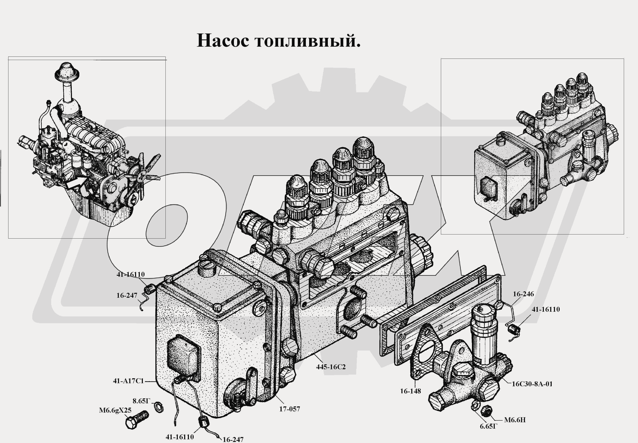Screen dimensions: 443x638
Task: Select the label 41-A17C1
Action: click(128, 381)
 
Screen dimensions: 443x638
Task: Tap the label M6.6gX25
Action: click(115, 410)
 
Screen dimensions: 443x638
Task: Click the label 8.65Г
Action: click(141, 401)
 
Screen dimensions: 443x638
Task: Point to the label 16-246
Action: click(523, 294)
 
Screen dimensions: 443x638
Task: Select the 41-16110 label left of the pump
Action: click(131, 274)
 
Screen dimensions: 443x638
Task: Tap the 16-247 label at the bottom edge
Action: click(233, 439)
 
